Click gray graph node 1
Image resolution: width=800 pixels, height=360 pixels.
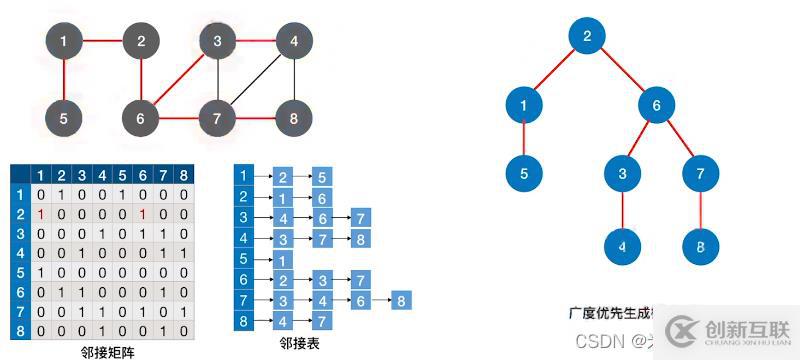64,42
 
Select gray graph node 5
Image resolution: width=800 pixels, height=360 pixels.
64,118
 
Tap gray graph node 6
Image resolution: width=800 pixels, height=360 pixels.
141,118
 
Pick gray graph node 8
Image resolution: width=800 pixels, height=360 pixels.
294,118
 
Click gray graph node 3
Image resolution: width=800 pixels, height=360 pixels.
217,42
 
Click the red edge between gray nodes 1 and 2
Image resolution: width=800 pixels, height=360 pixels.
102,42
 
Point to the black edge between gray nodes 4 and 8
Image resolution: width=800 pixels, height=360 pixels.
294,80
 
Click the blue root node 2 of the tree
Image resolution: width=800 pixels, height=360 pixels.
588,38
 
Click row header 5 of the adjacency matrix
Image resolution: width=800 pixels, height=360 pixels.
20,272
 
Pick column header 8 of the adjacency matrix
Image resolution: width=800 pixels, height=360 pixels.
183,176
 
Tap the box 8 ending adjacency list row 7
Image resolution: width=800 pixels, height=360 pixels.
400,299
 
